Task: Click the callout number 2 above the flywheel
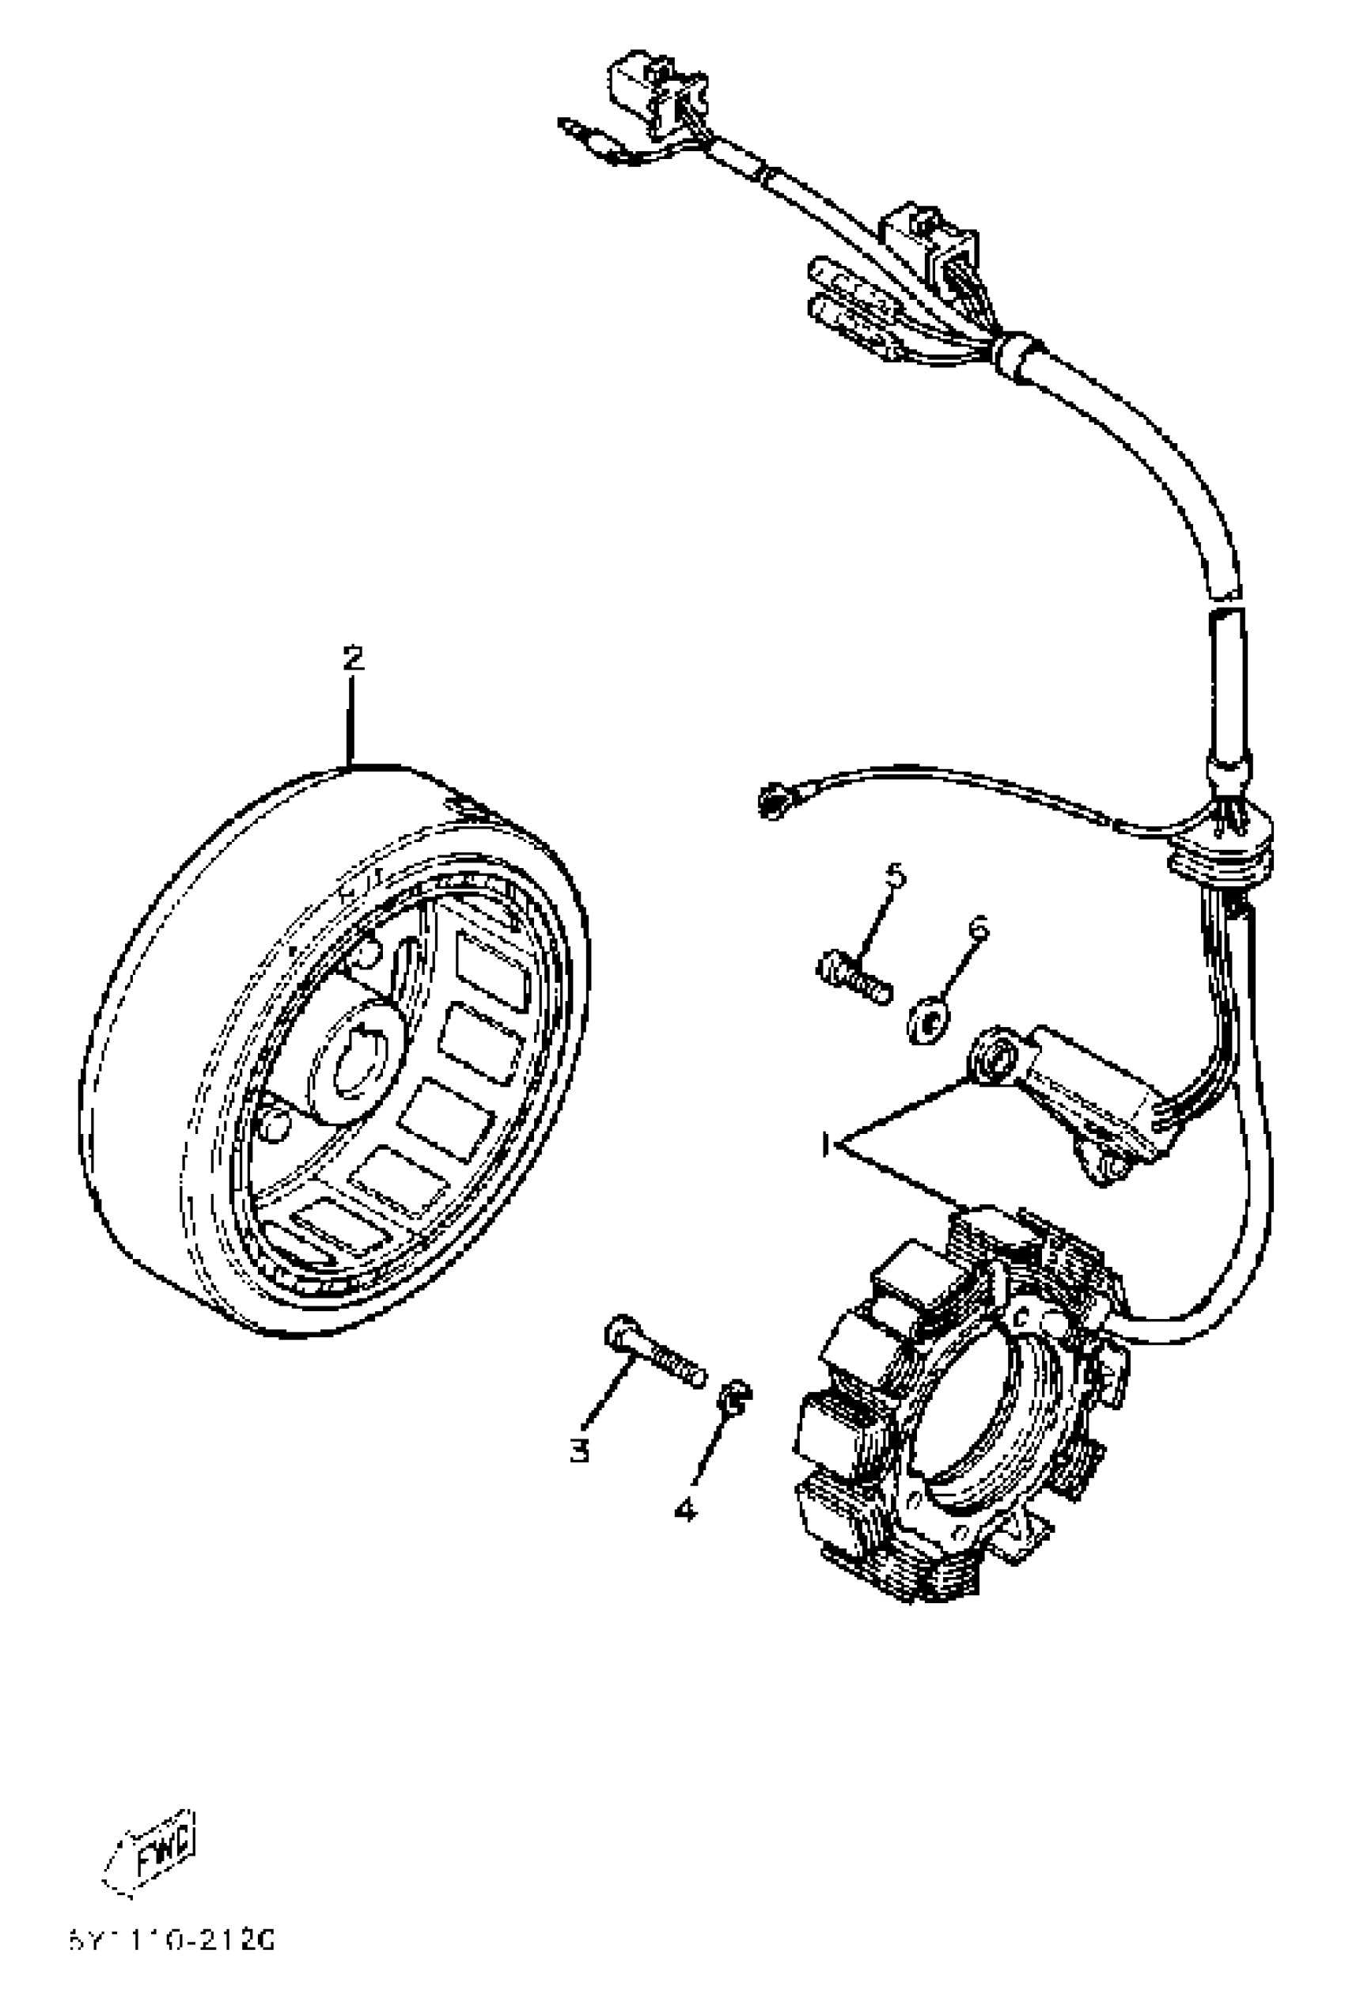point(353,658)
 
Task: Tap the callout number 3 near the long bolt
point(580,1450)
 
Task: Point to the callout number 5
point(895,875)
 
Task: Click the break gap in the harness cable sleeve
point(1226,602)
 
